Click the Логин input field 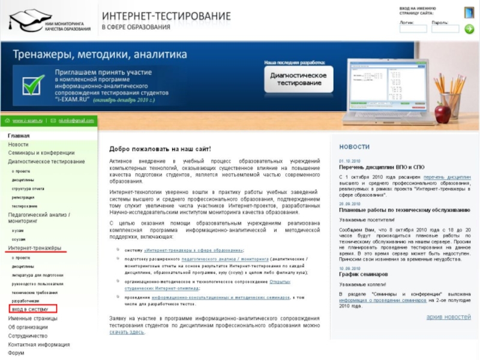tap(413, 29)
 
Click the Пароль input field tap(445, 29)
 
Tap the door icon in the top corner tap(469, 13)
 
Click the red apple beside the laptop tap(443, 112)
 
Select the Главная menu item tap(19, 136)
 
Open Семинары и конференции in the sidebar tap(41, 153)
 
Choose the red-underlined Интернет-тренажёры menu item tap(34, 248)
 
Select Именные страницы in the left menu tap(32, 319)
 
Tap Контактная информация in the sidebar tap(38, 345)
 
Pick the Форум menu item tap(16, 353)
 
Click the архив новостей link tap(448, 317)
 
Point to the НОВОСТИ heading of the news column tap(354, 147)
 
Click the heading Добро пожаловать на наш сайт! tap(160, 149)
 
